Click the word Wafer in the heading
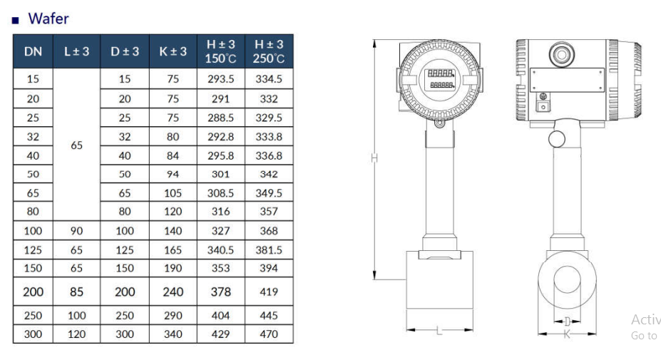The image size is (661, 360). (x=48, y=19)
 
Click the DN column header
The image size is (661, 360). (x=33, y=51)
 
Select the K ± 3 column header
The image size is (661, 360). (x=173, y=51)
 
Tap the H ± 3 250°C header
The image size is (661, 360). (x=269, y=51)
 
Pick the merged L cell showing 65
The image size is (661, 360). (x=77, y=145)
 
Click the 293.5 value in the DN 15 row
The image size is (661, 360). (x=220, y=79)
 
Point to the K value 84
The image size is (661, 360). (x=173, y=155)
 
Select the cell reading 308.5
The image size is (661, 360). (x=220, y=193)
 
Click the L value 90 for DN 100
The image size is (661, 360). (x=77, y=230)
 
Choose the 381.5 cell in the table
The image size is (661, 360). (x=269, y=250)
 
